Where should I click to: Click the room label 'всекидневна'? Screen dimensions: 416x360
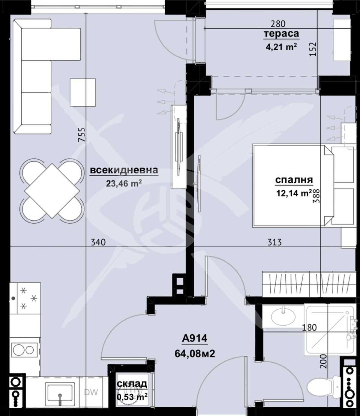124,170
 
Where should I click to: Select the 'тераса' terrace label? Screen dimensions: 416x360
281,34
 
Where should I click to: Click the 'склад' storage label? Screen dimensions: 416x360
132,384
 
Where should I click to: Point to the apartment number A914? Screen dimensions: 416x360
195,339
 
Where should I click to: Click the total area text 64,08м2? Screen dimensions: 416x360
195,354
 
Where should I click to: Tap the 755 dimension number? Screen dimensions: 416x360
82,135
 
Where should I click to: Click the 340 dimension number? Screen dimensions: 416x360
98,242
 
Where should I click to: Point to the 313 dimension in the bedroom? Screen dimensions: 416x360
274,242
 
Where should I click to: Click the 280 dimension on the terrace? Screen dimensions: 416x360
278,23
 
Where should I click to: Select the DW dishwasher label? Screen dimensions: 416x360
91,392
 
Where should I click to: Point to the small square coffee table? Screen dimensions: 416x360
83,92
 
